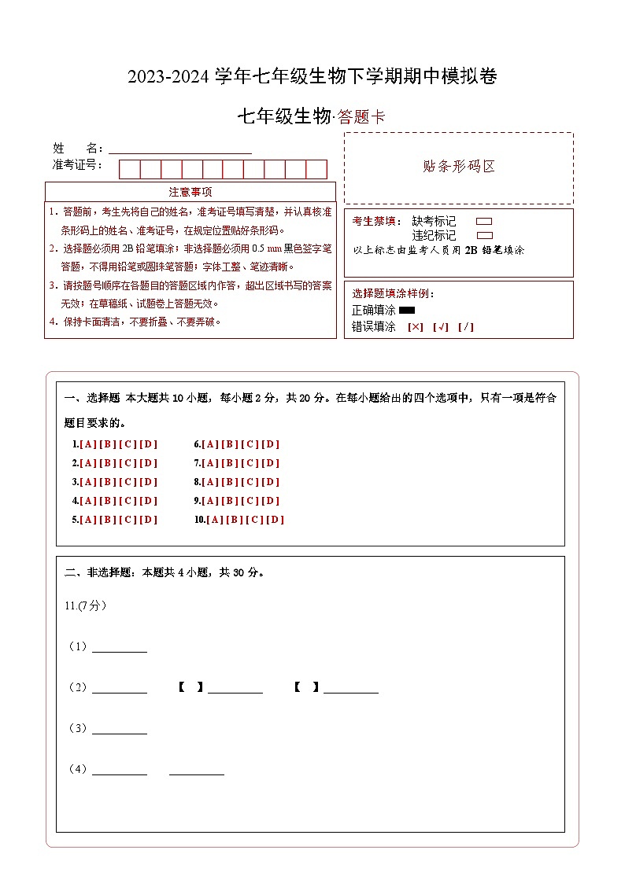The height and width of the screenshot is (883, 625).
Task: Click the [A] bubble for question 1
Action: point(87,444)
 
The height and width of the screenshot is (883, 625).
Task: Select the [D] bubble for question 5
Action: point(149,520)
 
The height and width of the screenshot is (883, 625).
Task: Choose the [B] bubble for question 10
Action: point(235,520)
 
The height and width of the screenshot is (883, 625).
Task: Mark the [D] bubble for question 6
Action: point(271,444)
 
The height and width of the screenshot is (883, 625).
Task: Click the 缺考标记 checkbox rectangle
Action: point(484,222)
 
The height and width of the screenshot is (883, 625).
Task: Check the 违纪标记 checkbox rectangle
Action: point(485,235)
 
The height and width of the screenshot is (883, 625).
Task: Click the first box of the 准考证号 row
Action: point(129,169)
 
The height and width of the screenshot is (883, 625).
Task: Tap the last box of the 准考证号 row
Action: point(316,169)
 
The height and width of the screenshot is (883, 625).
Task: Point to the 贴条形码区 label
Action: point(459,167)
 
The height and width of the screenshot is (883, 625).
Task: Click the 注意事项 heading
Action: point(190,192)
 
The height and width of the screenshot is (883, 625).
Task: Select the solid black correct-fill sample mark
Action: point(407,311)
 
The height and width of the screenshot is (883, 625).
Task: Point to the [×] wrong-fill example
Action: point(416,327)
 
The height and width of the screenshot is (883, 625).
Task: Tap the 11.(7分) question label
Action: point(86,605)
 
